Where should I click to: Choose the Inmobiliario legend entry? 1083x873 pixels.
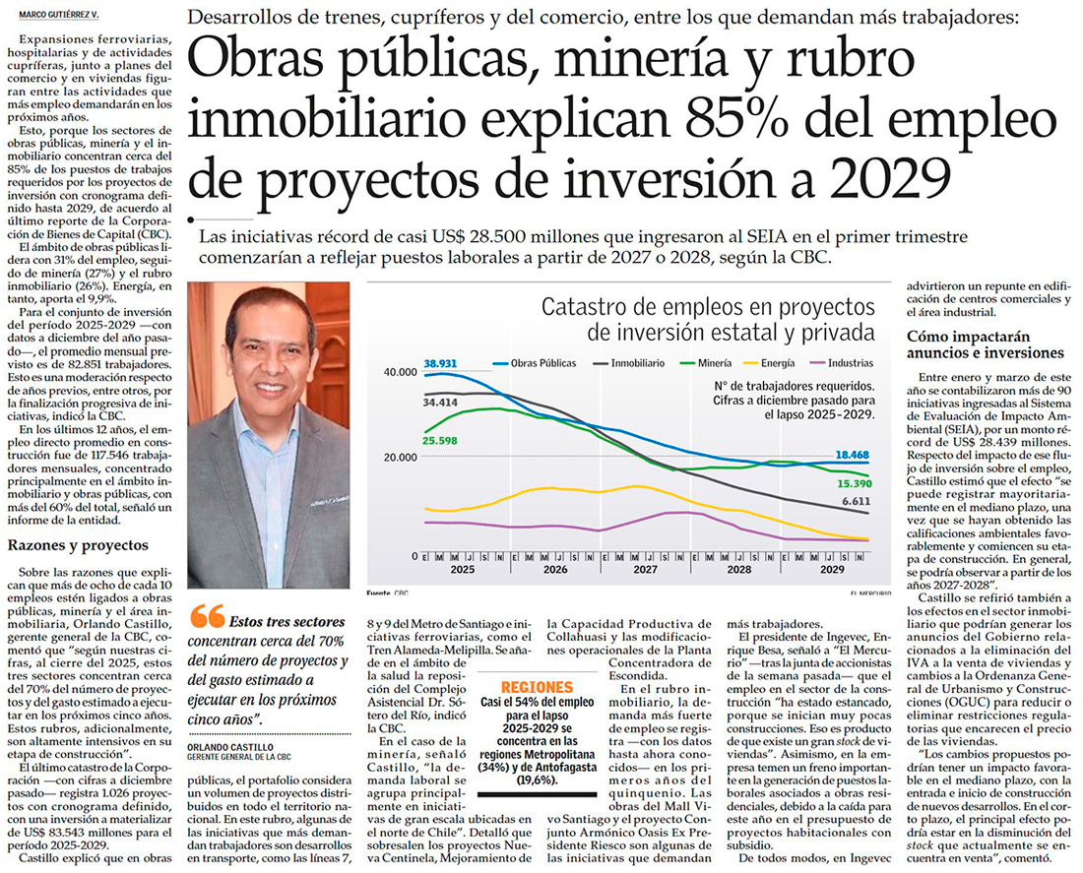(x=638, y=363)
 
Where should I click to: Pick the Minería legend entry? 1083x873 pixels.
(x=720, y=363)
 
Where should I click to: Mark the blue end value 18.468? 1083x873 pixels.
(x=853, y=455)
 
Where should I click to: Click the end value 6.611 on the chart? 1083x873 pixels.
(x=855, y=501)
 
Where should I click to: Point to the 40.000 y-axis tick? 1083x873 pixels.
(x=400, y=372)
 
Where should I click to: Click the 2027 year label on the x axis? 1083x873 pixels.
(x=644, y=569)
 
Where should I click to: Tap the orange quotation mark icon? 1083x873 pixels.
(x=207, y=616)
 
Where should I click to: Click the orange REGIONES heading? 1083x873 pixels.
(x=536, y=687)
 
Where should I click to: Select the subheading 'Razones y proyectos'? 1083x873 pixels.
(x=78, y=545)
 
